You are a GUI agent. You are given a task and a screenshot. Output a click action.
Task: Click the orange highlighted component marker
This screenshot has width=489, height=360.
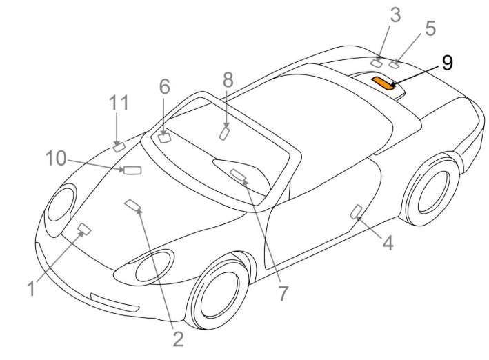coord(383,83)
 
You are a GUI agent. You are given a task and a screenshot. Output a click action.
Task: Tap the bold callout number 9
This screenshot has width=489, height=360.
coord(447,63)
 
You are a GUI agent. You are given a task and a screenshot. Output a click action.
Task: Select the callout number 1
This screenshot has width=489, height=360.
coord(31,288)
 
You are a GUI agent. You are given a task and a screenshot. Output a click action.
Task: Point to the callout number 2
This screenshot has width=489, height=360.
coord(178,339)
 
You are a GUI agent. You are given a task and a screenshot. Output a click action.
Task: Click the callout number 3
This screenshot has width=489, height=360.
coord(395,15)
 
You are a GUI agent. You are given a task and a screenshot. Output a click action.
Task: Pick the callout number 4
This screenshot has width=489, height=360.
coord(388,243)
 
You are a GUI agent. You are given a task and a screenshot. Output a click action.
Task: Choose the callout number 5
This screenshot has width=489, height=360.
coord(430,28)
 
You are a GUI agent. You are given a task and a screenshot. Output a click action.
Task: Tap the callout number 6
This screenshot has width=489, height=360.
coord(165,86)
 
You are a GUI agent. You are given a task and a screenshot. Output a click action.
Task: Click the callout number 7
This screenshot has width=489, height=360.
coord(283,293)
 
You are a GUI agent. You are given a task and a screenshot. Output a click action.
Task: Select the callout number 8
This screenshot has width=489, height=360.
coord(228,79)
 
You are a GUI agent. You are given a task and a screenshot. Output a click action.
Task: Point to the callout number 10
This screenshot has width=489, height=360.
coord(56,158)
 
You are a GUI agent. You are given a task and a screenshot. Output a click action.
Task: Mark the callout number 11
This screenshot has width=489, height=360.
coord(119,103)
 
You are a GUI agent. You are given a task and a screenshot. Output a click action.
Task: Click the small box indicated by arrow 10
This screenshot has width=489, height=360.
coord(132,170)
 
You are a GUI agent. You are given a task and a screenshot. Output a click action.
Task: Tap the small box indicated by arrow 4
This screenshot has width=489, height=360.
coord(356,212)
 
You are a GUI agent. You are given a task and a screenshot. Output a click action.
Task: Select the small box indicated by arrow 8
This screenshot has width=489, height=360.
coord(225,134)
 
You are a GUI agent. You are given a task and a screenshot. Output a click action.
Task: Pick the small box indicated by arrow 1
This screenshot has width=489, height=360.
coord(85,229)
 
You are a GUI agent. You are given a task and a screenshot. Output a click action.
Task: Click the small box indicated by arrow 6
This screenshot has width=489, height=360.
coord(165,137)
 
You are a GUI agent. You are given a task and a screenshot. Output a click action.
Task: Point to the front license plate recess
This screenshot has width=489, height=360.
coord(114,302)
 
